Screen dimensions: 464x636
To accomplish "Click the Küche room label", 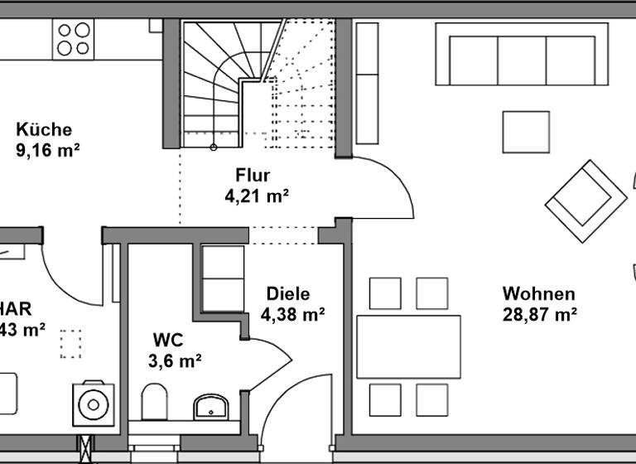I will tap(44, 129).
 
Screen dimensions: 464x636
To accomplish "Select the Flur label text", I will tap(253, 175).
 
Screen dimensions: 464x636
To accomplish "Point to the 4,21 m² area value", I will tap(256, 196).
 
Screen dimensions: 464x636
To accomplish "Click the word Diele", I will tap(287, 293).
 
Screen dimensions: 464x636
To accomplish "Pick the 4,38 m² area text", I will tap(292, 314).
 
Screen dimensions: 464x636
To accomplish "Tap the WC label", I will tap(168, 340).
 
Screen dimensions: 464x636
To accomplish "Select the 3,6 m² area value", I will tap(175, 360).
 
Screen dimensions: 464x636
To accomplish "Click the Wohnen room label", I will tap(538, 293).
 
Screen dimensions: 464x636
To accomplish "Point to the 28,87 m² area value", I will tap(540, 314).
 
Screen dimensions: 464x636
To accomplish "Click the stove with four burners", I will tap(73, 39).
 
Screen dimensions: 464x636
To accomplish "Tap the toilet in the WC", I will tap(155, 402).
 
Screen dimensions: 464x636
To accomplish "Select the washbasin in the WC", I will tap(211, 407).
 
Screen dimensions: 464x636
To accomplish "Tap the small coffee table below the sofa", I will tap(526, 132).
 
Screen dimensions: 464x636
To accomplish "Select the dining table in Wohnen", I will tap(408, 346).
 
